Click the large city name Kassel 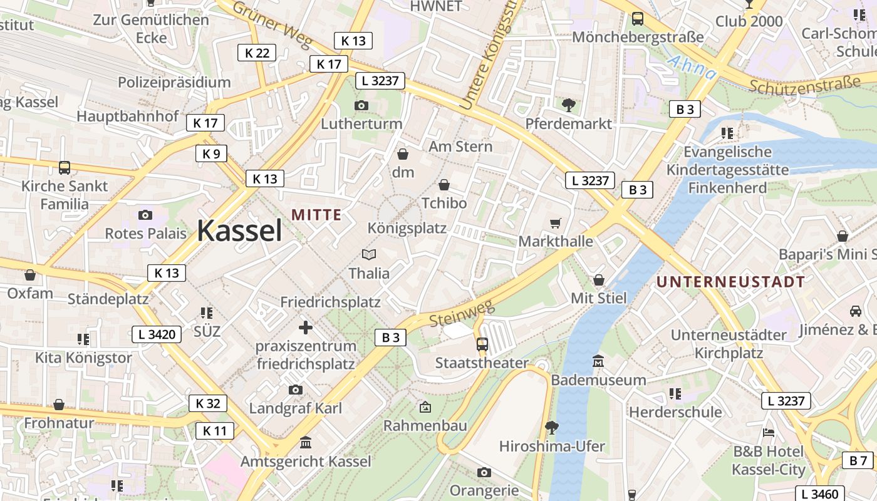pos(239,231)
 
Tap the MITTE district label pos(316,215)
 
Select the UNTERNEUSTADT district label pos(730,282)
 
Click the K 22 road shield pos(257,53)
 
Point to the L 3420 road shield pos(157,334)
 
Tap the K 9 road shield pos(211,153)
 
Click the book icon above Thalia pos(369,255)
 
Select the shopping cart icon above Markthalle pos(555,224)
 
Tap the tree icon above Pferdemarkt pos(568,105)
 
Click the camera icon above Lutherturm pos(361,105)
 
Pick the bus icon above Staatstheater pos(482,344)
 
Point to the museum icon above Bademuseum pos(598,361)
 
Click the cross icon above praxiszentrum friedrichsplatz pos(306,327)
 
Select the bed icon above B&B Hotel pos(768,433)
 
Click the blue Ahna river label pos(692,68)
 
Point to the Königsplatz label pos(407,228)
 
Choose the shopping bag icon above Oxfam pos(29,275)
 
